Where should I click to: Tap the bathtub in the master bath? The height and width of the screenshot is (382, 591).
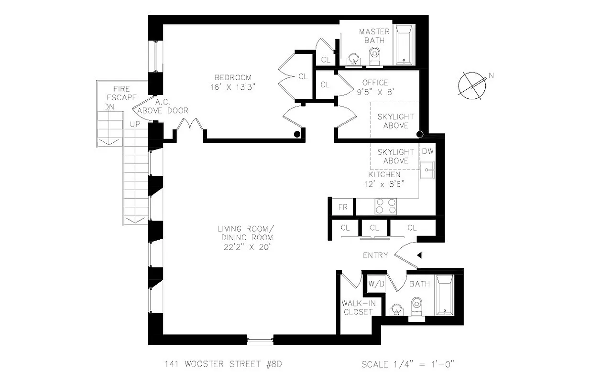tap(405, 45)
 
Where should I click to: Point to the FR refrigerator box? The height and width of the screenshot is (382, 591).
tap(342, 208)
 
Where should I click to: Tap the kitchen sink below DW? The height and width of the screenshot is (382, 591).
tap(427, 170)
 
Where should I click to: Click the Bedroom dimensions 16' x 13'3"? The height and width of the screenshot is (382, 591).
tap(233, 87)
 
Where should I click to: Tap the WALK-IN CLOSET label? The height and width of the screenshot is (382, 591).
tap(357, 308)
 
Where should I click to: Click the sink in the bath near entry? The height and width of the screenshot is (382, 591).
tap(395, 309)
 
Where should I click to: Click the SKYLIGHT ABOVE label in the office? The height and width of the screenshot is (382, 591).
tap(395, 121)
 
